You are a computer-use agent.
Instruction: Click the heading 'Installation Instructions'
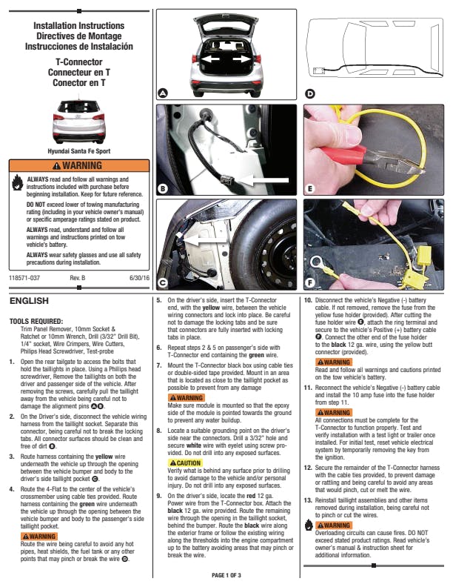(78, 27)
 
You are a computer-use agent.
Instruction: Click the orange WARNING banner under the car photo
(78, 165)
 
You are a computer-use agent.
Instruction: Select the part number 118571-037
(24, 277)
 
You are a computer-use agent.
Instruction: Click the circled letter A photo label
(163, 93)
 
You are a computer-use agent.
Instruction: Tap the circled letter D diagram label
(310, 93)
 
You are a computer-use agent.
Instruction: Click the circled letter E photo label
(310, 189)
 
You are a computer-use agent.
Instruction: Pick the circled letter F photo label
(310, 282)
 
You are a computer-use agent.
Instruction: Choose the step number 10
(308, 301)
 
